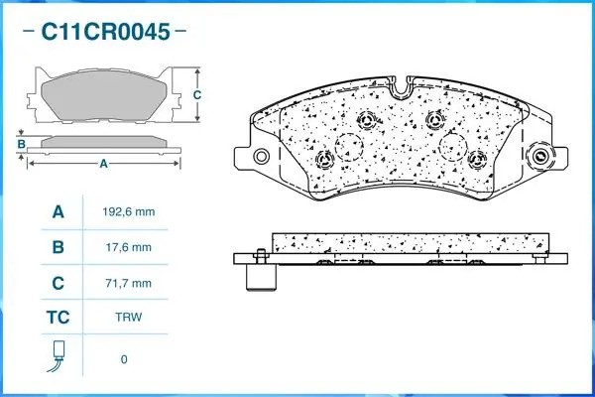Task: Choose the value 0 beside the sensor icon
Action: [x=124, y=358]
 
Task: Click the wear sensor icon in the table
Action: [x=58, y=355]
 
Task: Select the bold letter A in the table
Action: [x=58, y=212]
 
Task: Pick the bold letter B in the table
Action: [x=58, y=247]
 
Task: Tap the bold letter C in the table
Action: [x=58, y=283]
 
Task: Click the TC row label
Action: [x=58, y=319]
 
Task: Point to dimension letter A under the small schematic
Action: [x=103, y=164]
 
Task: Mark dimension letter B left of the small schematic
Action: [x=20, y=145]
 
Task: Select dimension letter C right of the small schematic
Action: [x=196, y=95]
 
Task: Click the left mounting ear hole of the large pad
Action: [x=261, y=157]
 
